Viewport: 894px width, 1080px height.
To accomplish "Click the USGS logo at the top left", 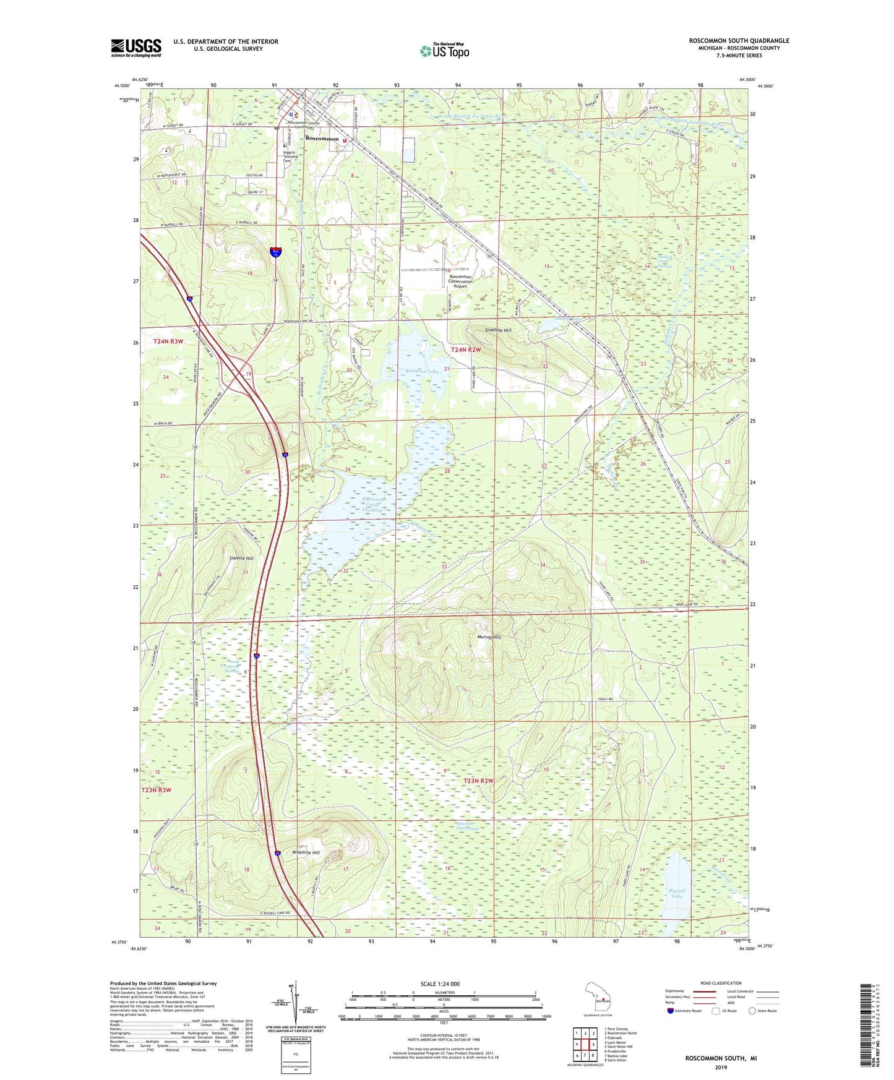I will pos(136,48).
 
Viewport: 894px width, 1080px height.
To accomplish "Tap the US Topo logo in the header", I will pos(444,50).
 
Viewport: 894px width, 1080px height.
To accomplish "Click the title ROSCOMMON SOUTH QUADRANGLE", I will pos(739,41).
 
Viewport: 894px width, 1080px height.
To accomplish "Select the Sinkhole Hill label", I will pos(498,330).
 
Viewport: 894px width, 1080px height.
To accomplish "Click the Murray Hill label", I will pos(489,636).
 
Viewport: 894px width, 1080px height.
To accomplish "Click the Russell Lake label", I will pos(677,893).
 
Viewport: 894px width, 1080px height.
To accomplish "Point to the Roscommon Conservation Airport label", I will pos(460,281).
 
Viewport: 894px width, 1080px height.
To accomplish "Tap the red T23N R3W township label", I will pos(156,790).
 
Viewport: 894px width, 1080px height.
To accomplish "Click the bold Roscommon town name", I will pos(322,139).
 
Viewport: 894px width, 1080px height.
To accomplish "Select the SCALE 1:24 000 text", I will pos(439,984).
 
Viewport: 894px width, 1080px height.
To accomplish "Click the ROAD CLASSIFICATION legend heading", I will pos(721,983).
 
